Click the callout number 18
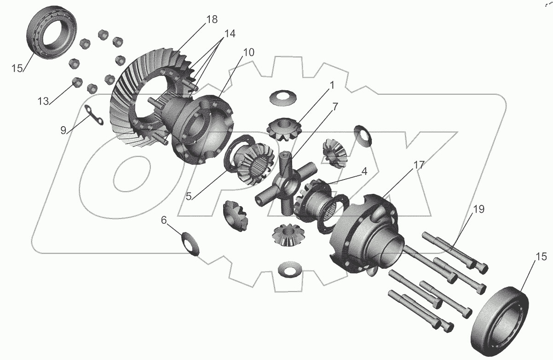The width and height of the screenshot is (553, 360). click(x=212, y=19)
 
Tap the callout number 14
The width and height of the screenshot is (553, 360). click(x=230, y=34)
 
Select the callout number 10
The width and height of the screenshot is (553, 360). click(x=248, y=52)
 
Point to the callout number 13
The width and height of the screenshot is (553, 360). click(x=43, y=101)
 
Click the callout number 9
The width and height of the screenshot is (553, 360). click(x=63, y=130)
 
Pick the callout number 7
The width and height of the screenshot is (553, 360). click(x=335, y=107)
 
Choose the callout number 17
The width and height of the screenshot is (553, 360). click(x=419, y=165)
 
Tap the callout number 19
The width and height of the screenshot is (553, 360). click(x=478, y=209)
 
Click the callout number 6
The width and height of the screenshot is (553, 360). click(x=164, y=220)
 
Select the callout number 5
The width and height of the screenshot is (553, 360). click(x=189, y=197)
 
